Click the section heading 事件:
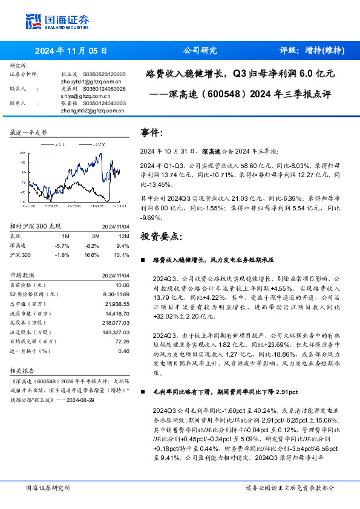152,132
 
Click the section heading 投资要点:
161,236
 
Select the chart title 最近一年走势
29,132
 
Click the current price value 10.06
123,285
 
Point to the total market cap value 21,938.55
117,303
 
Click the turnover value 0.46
124,351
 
